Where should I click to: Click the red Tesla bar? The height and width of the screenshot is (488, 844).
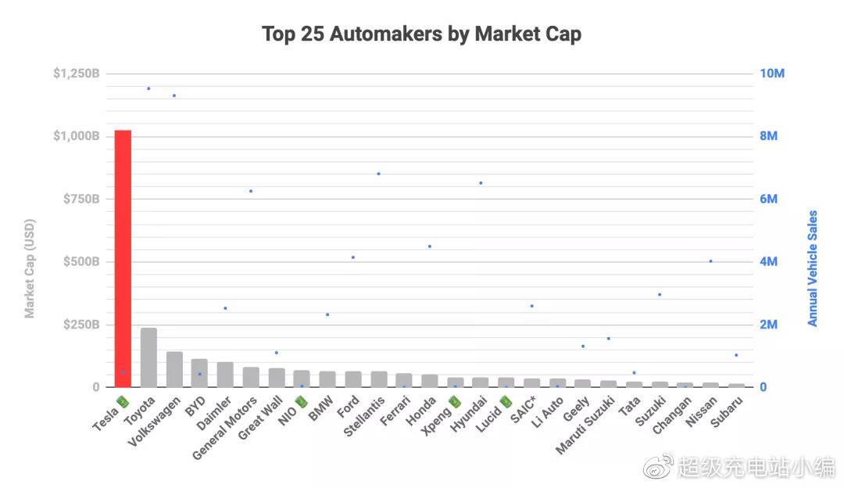coord(123,258)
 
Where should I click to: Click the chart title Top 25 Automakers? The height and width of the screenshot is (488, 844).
coord(421,34)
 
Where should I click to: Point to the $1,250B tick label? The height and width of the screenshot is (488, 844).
coord(76,74)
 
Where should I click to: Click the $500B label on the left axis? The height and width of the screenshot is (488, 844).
coord(81,262)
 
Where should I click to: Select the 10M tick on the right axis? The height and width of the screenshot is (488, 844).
coord(772,74)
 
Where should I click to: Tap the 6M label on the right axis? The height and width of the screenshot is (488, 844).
coord(769,199)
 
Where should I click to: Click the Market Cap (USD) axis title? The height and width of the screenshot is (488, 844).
coord(30,268)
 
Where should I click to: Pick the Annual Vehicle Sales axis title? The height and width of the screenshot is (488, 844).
coord(813,268)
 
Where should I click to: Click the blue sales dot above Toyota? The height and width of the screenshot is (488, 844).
coord(148,88)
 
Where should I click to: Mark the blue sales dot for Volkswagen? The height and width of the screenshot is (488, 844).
coord(174,95)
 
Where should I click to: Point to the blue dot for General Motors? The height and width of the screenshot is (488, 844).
coord(251,191)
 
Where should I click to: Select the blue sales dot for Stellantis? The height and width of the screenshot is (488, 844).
coord(378,174)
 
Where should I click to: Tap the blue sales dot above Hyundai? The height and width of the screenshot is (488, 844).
coord(481,183)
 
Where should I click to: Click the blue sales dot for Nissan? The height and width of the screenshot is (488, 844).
coord(710,261)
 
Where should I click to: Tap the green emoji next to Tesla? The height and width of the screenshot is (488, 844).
coord(122,401)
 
